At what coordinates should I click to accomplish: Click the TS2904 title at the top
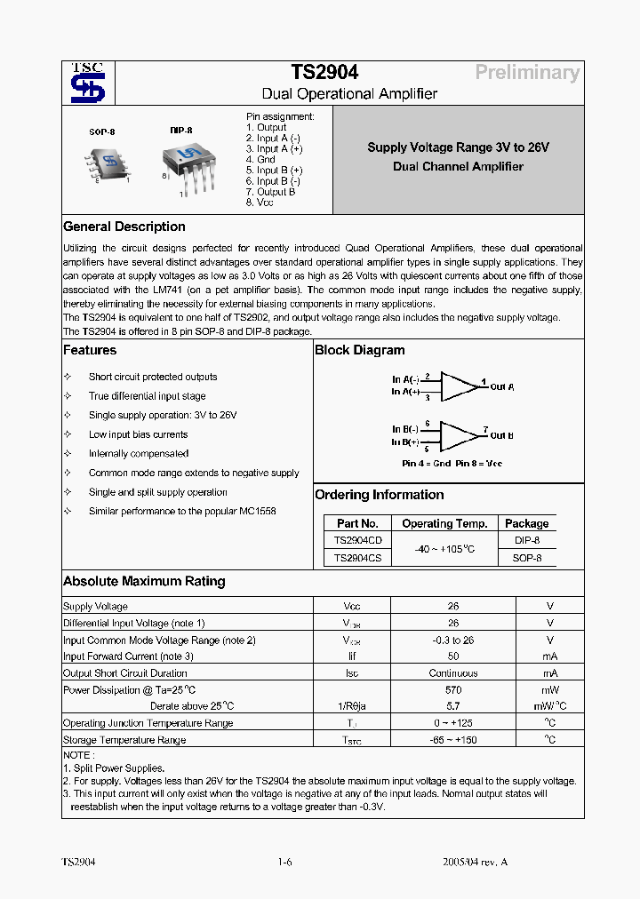tap(324, 73)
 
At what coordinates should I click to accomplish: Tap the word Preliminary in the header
tap(526, 73)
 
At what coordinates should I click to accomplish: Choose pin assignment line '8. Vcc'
tap(260, 203)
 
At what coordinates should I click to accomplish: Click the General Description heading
tap(124, 227)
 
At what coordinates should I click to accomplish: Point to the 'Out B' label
tap(501, 435)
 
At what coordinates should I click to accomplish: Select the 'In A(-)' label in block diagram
tap(406, 379)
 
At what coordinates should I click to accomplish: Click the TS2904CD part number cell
tap(357, 540)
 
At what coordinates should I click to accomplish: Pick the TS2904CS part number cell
tap(357, 558)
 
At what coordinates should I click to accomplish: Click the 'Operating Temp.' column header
tap(444, 523)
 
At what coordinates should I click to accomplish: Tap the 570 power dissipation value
tap(453, 690)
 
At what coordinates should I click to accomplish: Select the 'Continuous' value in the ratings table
tap(453, 673)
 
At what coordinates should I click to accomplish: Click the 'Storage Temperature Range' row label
tap(124, 740)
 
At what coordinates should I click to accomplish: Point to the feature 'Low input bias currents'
tap(138, 434)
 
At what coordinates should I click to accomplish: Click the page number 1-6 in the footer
tap(284, 863)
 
